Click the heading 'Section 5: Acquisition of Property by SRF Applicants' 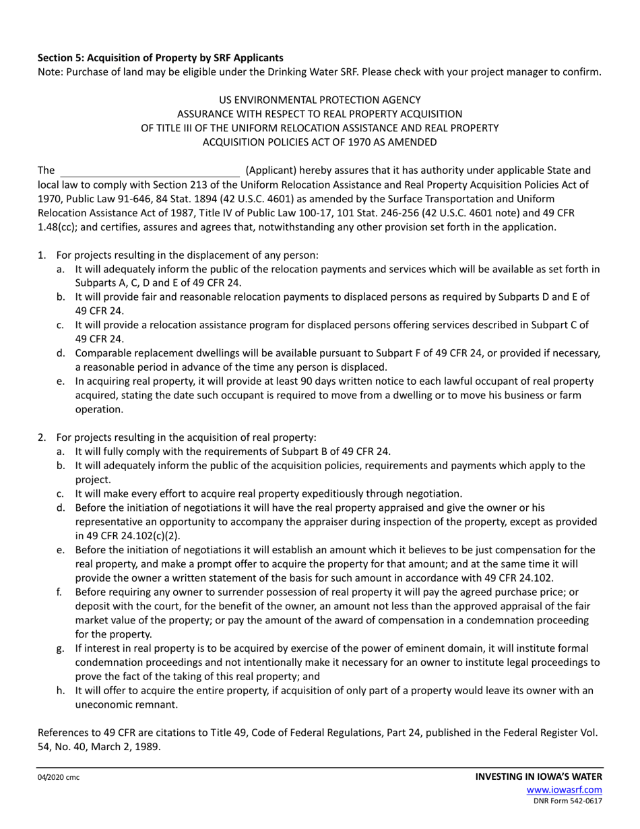coord(160,58)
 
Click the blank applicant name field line coord(150,171)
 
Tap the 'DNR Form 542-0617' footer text coord(567,801)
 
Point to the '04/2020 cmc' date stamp coord(58,777)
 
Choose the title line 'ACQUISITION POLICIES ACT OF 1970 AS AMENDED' coord(320,142)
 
